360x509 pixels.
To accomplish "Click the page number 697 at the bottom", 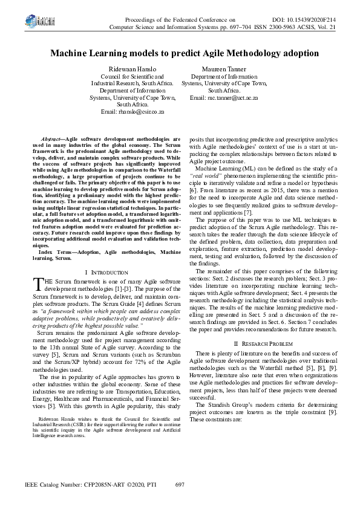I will [x=179, y=485].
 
